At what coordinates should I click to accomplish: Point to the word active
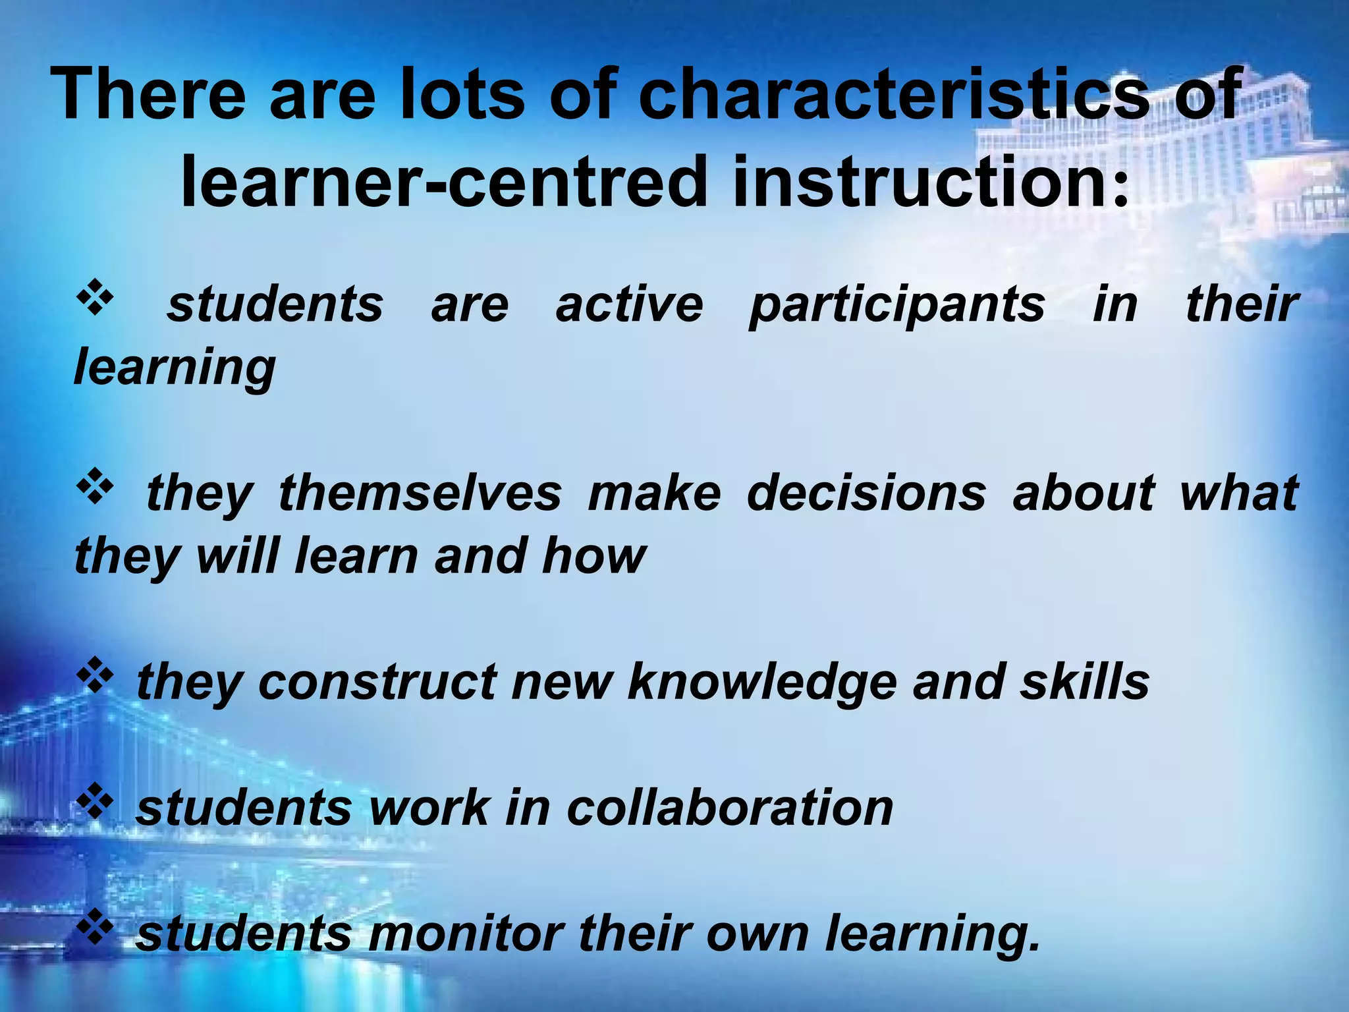click(x=629, y=304)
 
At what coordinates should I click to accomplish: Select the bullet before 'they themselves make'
click(x=96, y=486)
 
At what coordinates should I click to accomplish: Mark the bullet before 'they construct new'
click(x=96, y=675)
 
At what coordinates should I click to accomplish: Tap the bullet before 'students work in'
click(x=96, y=801)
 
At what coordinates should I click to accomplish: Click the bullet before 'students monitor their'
click(x=96, y=926)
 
